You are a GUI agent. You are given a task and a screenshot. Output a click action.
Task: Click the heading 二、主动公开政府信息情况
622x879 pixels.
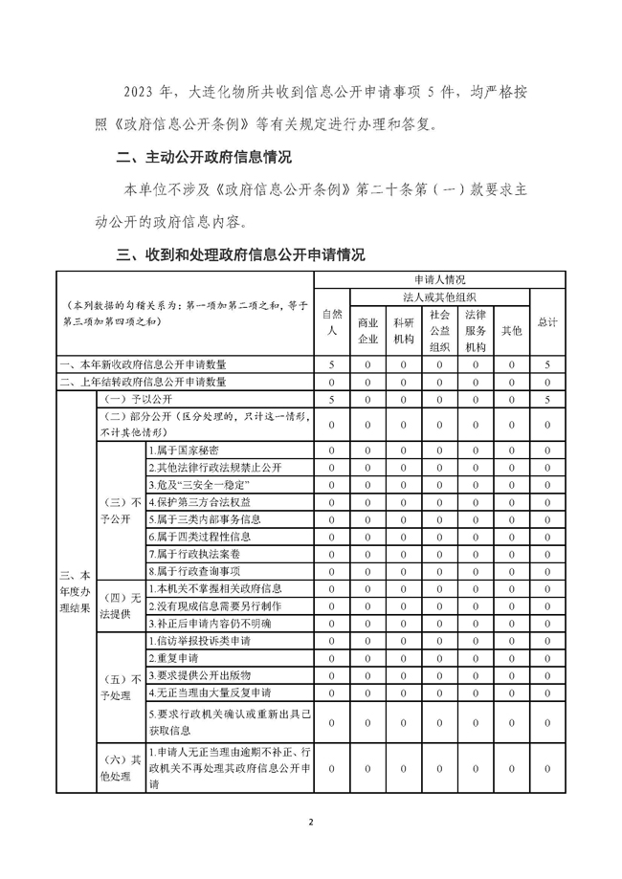click(203, 157)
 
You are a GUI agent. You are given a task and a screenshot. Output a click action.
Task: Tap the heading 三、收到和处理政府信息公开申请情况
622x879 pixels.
click(239, 255)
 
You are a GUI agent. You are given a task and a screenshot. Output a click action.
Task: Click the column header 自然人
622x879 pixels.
click(330, 321)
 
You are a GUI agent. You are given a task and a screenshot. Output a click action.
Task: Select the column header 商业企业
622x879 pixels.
click(367, 330)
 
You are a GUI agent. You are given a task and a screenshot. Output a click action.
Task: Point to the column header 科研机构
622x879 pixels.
click(403, 330)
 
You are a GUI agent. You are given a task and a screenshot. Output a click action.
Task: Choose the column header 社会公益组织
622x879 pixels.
click(439, 330)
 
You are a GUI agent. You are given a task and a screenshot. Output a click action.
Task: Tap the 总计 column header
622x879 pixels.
click(547, 322)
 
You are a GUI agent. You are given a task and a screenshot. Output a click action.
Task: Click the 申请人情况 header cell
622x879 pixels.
click(439, 279)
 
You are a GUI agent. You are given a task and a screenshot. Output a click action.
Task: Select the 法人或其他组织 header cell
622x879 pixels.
click(439, 297)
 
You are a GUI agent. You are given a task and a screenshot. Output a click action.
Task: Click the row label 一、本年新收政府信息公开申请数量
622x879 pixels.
click(144, 364)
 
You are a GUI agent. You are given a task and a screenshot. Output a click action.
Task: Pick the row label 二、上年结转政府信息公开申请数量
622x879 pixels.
click(144, 382)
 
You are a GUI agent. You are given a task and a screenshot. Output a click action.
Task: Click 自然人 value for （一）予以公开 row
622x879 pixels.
click(330, 399)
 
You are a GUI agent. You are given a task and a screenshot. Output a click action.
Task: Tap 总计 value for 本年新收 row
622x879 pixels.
click(547, 364)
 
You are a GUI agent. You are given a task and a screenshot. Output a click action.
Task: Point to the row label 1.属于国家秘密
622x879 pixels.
click(184, 450)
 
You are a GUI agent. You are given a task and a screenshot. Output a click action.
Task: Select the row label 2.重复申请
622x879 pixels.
click(173, 658)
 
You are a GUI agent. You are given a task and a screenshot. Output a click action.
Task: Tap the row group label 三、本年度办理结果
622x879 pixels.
click(76, 588)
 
